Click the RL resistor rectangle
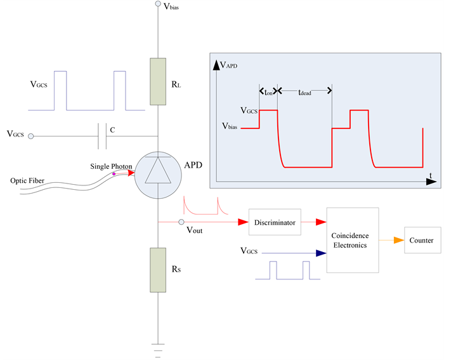point(158,81)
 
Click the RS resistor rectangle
point(158,270)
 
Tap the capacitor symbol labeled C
point(102,135)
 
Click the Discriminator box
point(275,222)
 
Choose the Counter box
point(421,240)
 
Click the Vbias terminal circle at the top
point(158,4)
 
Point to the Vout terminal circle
point(181,222)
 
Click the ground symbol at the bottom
point(158,347)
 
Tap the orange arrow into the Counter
point(398,240)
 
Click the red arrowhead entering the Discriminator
point(242,222)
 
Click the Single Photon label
point(111,166)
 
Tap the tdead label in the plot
point(306,92)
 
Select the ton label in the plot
point(268,92)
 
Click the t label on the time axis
point(431,175)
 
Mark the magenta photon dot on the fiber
point(114,173)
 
